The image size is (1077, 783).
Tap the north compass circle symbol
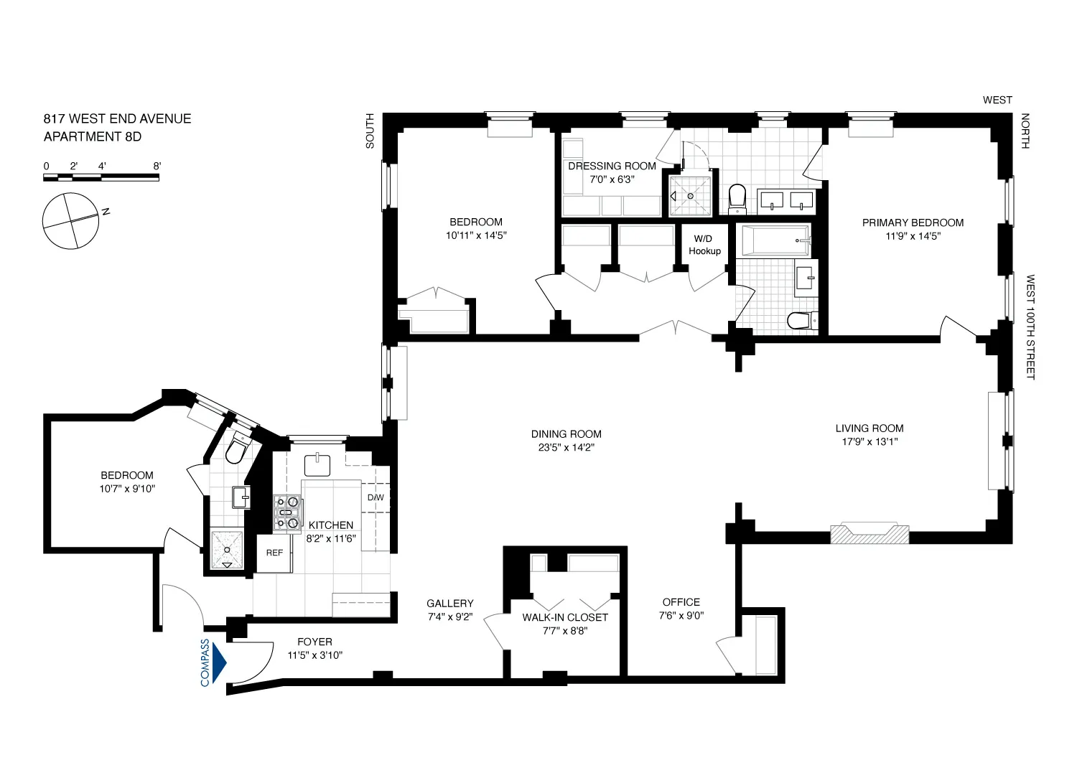[x=70, y=221]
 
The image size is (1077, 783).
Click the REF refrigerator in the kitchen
[x=274, y=553]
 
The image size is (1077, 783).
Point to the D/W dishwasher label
[x=376, y=497]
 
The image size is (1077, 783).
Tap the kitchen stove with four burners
[x=287, y=514]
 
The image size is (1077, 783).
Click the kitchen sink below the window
[x=317, y=465]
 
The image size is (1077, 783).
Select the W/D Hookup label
[x=704, y=245]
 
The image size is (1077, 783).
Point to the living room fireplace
[x=869, y=535]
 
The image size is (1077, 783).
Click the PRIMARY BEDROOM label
[x=913, y=222]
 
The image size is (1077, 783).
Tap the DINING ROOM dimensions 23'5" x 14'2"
[x=566, y=447]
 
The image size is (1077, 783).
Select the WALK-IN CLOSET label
[x=565, y=617]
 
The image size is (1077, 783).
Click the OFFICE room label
[x=681, y=602]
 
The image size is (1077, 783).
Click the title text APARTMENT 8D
[x=93, y=136]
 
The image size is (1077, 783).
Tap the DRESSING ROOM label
[x=612, y=166]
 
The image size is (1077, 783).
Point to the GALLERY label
[x=449, y=604]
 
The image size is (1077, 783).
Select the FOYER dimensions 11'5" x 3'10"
[x=315, y=655]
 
